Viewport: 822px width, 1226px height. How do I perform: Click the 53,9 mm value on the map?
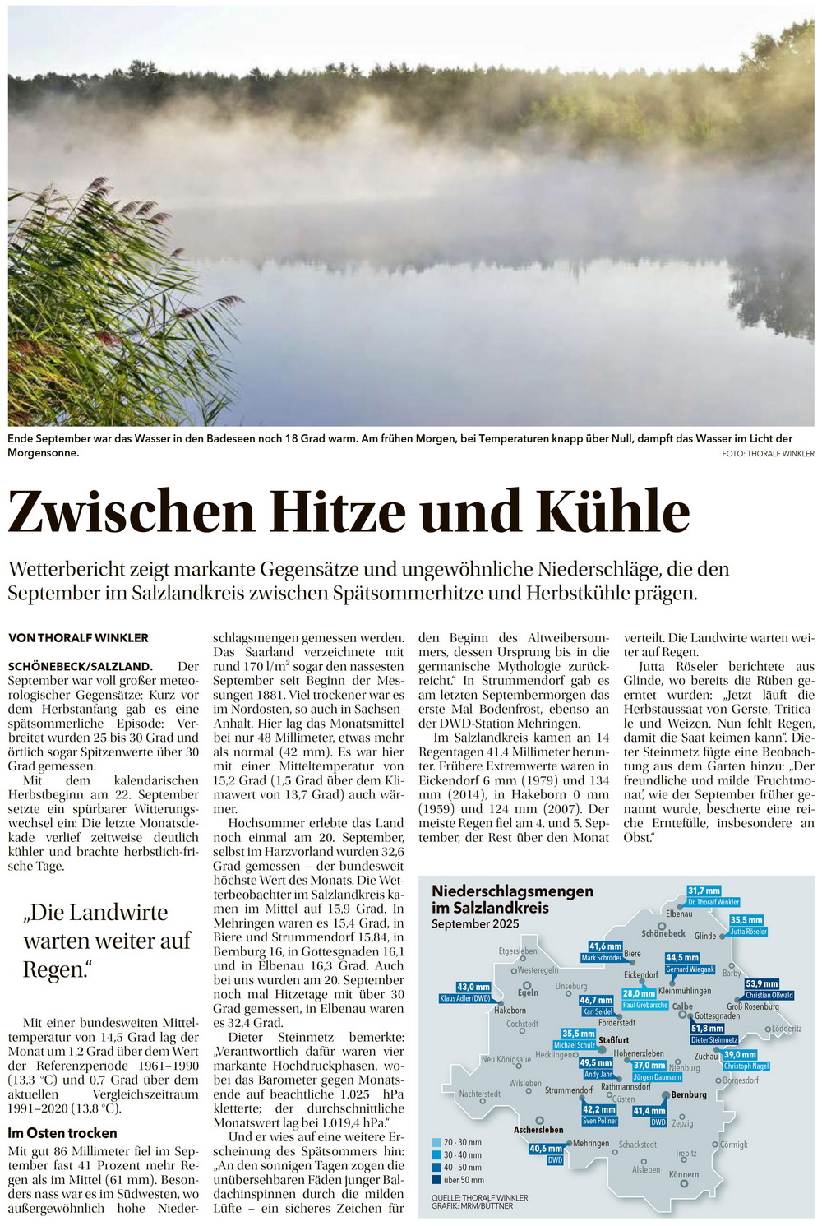click(x=762, y=983)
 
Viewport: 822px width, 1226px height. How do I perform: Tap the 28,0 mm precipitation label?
click(x=639, y=993)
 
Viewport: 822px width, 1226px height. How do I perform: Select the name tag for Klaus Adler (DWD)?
click(x=465, y=998)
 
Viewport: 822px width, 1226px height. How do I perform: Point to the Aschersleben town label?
click(x=538, y=1130)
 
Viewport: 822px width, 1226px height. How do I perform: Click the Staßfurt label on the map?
click(x=613, y=1040)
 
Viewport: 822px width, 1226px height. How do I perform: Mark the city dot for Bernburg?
click(x=664, y=1094)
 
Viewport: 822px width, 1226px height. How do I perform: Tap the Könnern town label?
click(x=683, y=1174)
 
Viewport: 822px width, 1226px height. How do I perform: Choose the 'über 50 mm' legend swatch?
click(x=436, y=1180)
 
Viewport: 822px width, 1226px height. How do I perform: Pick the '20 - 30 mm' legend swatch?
click(x=436, y=1142)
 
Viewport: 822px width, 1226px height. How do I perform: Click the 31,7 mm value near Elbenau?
click(x=704, y=891)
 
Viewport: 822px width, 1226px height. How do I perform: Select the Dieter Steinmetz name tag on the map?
click(x=713, y=1040)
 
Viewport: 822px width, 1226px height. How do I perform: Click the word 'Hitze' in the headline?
click(x=339, y=511)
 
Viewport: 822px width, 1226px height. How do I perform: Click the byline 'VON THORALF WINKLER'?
click(x=78, y=638)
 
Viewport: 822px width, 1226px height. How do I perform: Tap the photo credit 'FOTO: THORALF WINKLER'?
click(x=768, y=454)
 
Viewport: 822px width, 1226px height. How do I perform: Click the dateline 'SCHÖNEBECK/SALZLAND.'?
click(x=81, y=667)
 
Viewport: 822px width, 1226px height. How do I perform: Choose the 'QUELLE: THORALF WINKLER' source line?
click(x=479, y=1197)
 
